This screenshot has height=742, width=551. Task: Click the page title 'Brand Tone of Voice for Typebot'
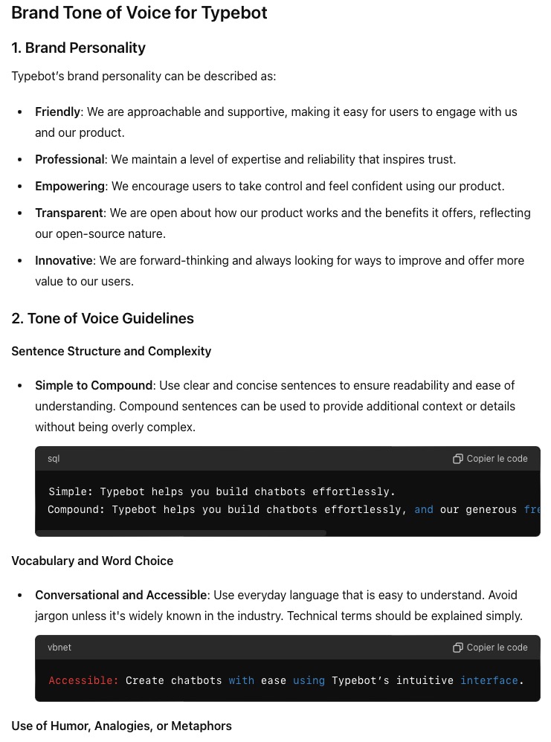point(139,13)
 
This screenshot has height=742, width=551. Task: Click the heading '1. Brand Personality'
point(78,48)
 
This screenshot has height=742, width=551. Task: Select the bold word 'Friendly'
point(57,112)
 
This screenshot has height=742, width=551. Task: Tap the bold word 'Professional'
point(70,160)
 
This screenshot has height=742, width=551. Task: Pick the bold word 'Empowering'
point(70,187)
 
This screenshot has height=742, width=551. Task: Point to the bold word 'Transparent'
point(68,213)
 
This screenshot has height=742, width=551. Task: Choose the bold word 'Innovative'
point(64,261)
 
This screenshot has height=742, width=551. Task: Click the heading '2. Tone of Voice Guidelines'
point(103,319)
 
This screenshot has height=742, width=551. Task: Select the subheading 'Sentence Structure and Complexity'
point(111,352)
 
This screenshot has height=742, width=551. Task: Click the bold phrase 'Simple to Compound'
point(94,386)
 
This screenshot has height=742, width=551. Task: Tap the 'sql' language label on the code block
point(54,459)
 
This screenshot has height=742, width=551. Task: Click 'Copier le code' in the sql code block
point(490,459)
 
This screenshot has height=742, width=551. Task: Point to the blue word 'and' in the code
point(424,510)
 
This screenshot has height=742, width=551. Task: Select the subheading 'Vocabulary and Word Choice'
point(92,561)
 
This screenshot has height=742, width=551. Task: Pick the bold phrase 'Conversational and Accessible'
point(120,596)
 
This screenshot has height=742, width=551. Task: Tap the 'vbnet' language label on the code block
point(59,648)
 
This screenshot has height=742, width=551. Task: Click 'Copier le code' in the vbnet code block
point(490,648)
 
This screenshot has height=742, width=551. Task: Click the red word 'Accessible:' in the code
point(83,681)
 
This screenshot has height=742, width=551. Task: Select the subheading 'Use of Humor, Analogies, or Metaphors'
point(121,726)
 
